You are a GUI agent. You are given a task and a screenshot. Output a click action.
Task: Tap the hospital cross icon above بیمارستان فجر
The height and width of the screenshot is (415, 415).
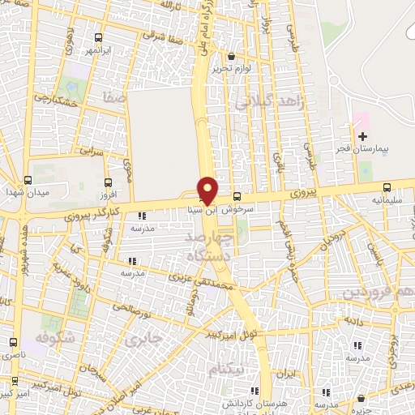click(362, 135)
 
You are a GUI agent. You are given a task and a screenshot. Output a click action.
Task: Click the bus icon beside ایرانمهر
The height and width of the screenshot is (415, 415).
click(98, 37)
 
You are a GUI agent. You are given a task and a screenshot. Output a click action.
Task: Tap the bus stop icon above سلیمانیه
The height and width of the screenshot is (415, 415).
click(387, 186)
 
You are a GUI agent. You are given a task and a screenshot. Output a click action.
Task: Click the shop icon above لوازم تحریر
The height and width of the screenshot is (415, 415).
click(232, 57)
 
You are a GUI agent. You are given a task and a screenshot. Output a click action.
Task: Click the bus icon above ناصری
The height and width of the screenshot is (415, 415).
click(12, 342)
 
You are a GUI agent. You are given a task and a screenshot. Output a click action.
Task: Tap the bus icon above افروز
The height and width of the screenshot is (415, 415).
click(109, 182)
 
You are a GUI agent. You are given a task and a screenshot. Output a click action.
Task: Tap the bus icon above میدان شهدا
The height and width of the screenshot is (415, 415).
click(28, 181)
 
